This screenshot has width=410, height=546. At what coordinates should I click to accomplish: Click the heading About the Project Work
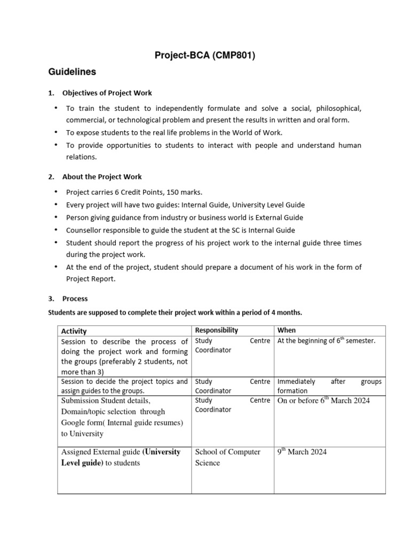102,176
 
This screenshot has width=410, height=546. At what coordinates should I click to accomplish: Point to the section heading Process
75,299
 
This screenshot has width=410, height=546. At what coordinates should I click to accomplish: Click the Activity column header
74,331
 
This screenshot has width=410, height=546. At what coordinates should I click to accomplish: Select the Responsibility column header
217,331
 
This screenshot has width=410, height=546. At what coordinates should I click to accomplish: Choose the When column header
287,331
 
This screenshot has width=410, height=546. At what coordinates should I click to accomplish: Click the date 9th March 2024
302,452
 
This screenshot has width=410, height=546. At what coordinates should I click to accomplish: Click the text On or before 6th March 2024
324,400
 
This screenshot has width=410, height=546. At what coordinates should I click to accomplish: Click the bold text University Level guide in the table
121,457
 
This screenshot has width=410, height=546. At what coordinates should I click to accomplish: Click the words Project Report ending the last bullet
89,279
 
